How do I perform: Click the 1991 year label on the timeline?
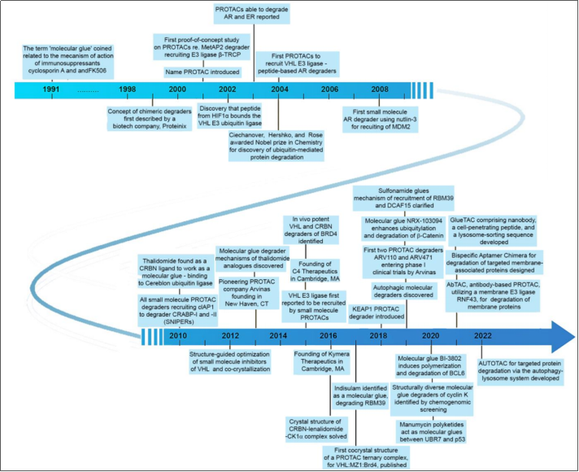[x=51, y=89]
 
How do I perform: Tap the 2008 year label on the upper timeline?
[x=380, y=89]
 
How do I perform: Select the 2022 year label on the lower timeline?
[x=482, y=335]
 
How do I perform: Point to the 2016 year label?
[x=329, y=335]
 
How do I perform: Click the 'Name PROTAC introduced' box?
[x=202, y=72]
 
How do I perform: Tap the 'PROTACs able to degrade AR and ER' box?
[x=252, y=13]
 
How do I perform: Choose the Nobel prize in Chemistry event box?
[x=276, y=146]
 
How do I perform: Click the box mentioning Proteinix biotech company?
[x=150, y=119]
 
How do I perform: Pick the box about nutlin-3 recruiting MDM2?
[x=380, y=120]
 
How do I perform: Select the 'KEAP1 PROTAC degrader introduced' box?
[x=377, y=312]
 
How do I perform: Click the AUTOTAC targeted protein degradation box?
[x=520, y=371]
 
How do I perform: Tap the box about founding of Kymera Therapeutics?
[x=322, y=361]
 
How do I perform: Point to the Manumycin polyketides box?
[x=431, y=431]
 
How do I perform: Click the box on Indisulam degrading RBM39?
[x=360, y=396]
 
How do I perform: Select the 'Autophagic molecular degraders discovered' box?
[x=403, y=291]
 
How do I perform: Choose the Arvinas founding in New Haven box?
[x=246, y=293]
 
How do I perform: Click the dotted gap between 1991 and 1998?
[x=89, y=91]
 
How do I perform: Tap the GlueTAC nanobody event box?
[x=494, y=231]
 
